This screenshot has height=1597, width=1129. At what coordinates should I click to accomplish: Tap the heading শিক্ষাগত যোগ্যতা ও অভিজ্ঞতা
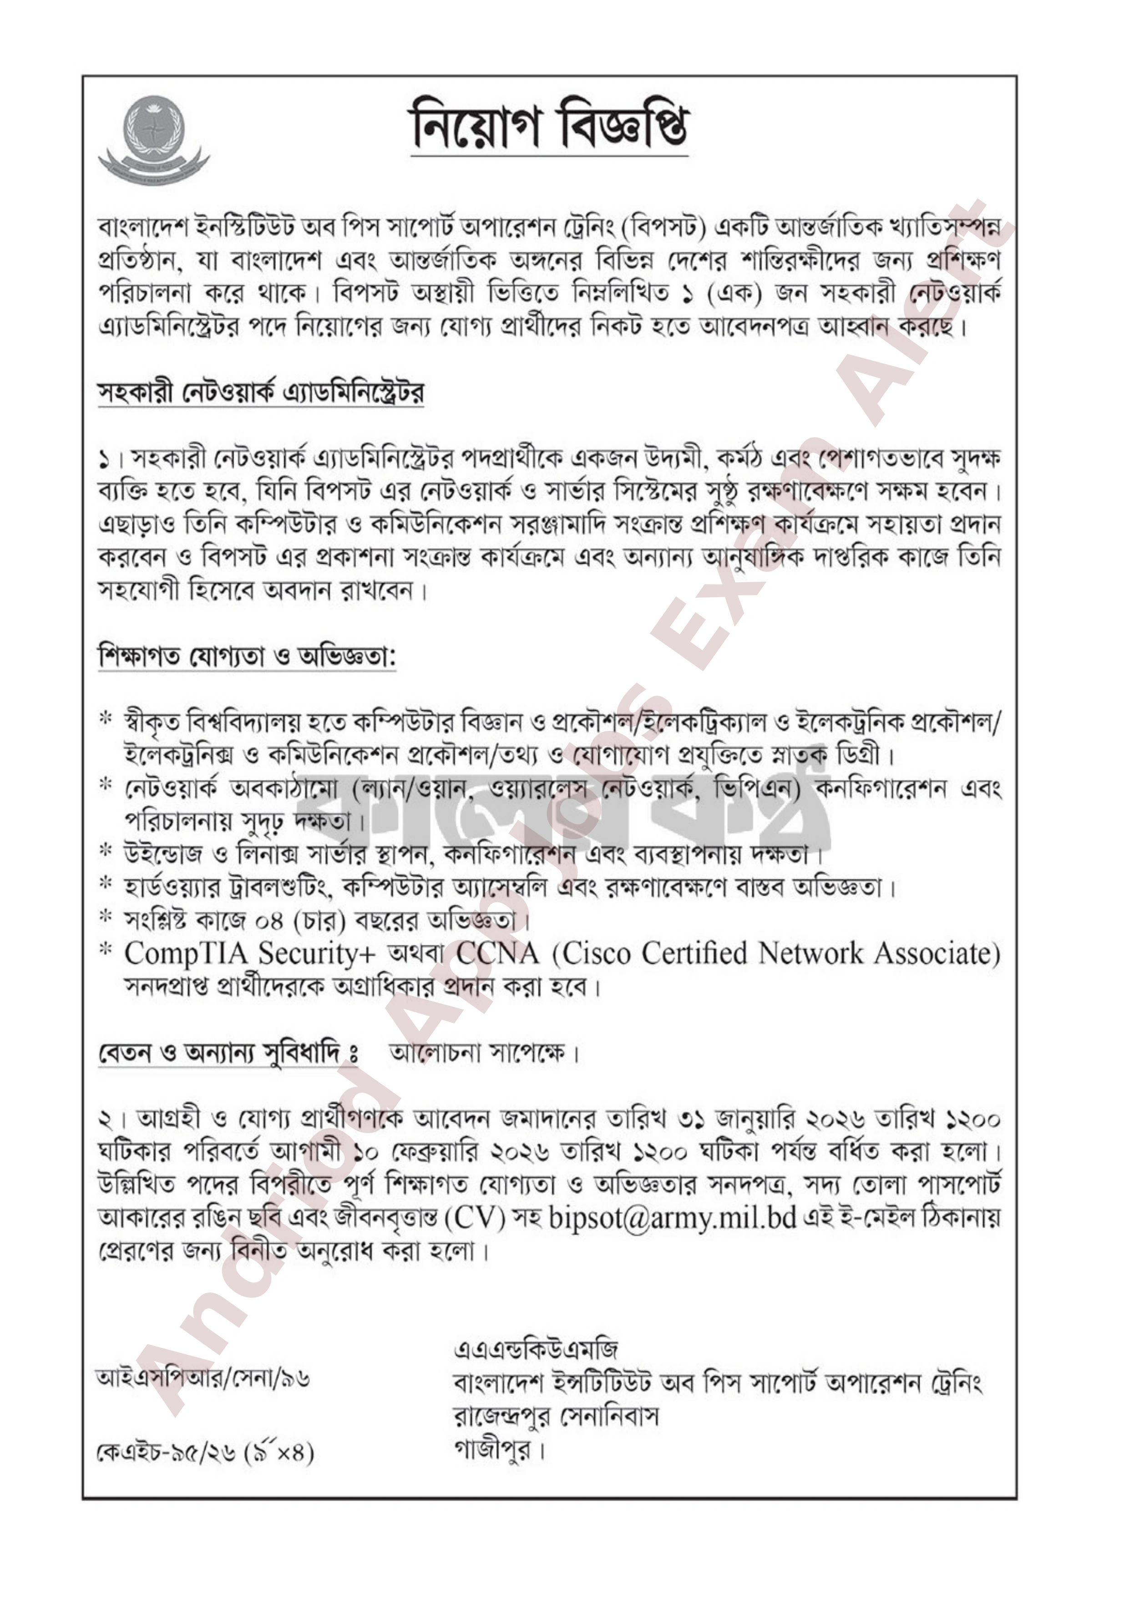(247, 656)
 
